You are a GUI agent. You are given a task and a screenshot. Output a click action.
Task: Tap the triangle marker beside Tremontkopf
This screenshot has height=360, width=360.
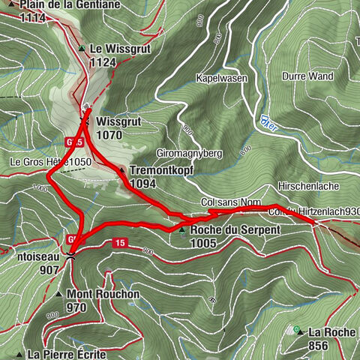[122, 170]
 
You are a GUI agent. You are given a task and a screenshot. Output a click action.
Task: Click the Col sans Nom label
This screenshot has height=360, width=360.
[230, 202]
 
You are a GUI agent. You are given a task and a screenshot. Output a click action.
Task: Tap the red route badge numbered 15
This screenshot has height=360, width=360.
[119, 243]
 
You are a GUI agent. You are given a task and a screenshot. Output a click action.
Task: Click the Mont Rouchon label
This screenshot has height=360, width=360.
[103, 294]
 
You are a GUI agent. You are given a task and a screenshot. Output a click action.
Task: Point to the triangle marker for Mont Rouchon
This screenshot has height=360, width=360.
[58, 294]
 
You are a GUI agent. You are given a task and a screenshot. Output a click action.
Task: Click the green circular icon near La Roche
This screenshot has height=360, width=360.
[297, 330]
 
